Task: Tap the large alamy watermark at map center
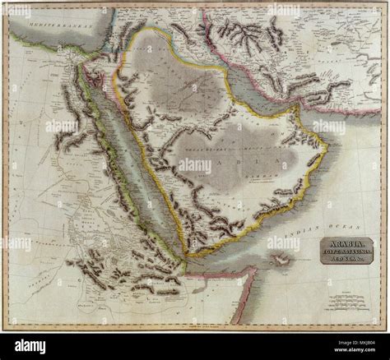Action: click(x=195, y=165)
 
